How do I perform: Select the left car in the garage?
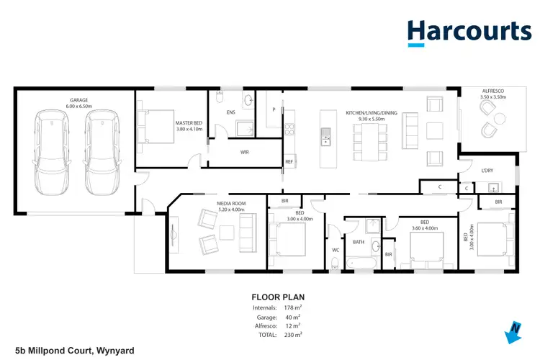[49, 152]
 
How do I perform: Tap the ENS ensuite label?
[230, 113]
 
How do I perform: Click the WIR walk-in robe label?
[245, 152]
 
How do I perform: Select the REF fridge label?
[289, 162]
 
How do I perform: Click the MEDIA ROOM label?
[231, 207]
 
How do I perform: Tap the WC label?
[336, 250]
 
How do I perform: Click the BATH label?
[358, 242]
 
